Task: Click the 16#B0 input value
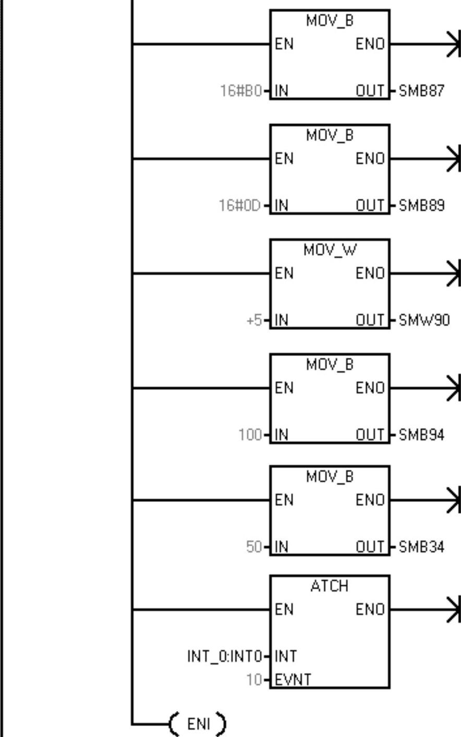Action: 240,91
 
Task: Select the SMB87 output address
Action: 421,91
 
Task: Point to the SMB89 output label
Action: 421,206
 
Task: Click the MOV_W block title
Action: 330,250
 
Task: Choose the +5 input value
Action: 254,320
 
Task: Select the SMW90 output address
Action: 423,320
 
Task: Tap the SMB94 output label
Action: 421,435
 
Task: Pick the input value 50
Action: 254,547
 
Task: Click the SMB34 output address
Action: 421,547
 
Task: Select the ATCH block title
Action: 329,586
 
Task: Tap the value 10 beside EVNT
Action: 254,680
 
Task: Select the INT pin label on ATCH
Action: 286,656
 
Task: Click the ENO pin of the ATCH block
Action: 370,609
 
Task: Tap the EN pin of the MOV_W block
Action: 284,273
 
